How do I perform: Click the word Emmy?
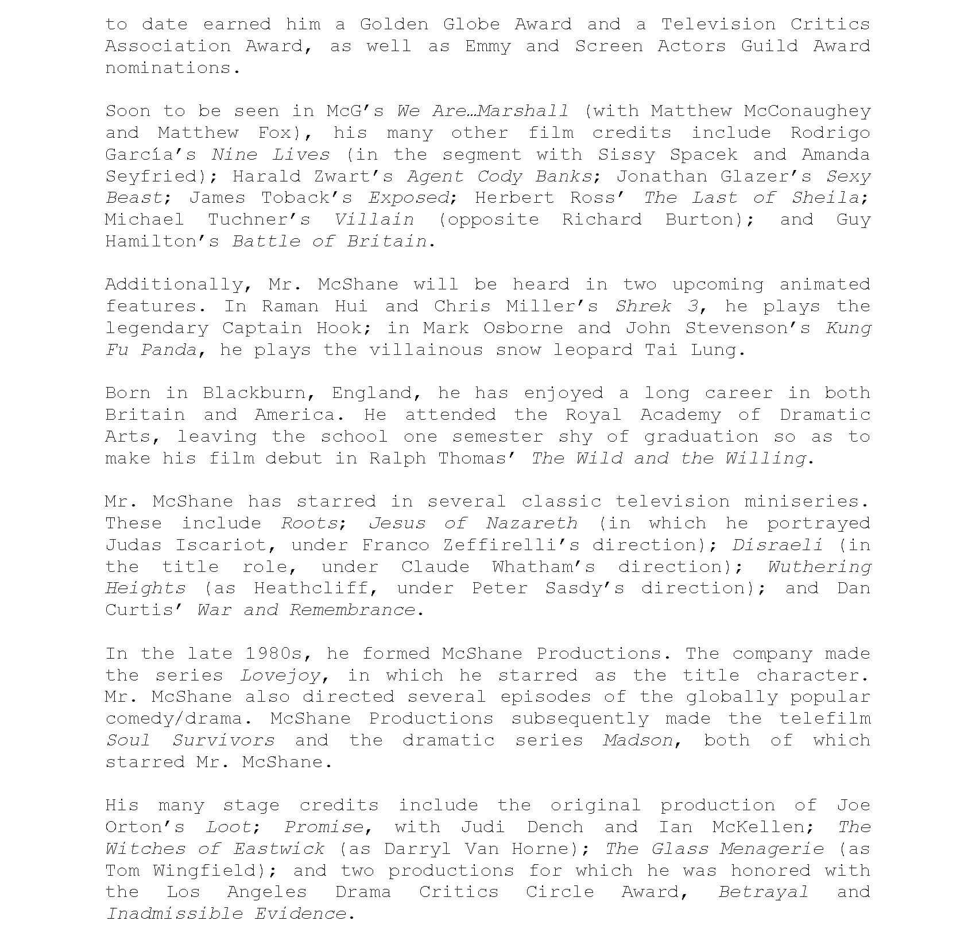coord(487,47)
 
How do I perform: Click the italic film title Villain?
coord(374,220)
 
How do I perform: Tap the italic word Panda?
coord(169,350)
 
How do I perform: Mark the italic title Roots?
coord(309,524)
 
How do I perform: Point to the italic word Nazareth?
coord(531,524)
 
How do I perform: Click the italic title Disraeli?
coord(777,546)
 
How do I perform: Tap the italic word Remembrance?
coord(351,610)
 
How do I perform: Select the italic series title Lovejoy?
coord(280,676)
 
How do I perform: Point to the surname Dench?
coord(555,827)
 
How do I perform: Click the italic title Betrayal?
coord(762,892)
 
